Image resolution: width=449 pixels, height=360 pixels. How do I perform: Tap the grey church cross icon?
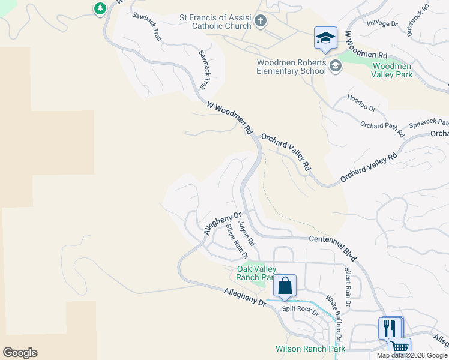point(260,22)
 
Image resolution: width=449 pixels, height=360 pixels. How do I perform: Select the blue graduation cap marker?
point(325,38)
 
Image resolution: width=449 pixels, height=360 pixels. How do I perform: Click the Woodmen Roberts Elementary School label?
point(292,67)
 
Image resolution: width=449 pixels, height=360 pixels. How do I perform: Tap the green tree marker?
point(100,8)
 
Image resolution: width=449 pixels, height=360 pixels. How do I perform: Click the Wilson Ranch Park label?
point(310,349)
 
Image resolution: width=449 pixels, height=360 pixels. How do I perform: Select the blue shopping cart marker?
point(399,347)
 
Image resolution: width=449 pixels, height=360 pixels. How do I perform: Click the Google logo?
point(20,353)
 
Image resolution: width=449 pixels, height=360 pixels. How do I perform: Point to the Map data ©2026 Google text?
point(411,355)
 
